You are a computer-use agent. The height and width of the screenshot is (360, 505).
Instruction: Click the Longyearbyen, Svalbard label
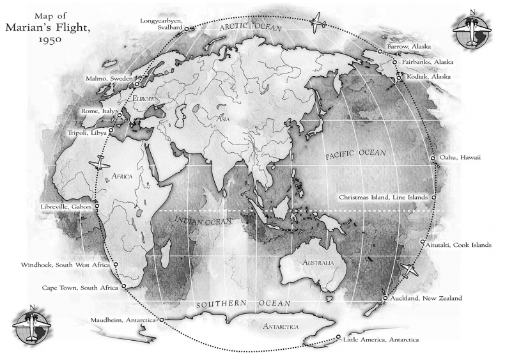[162, 24]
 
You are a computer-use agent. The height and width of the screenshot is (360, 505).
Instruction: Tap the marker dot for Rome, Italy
[119, 116]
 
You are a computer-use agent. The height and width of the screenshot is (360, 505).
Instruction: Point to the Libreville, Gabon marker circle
[97, 207]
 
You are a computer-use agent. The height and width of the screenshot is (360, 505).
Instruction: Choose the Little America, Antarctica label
[381, 340]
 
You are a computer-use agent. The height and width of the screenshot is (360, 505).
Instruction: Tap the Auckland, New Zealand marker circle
[385, 299]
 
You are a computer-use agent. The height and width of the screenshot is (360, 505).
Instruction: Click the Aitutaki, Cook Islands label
[460, 245]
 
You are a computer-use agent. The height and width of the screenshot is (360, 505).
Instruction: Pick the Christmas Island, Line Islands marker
[433, 198]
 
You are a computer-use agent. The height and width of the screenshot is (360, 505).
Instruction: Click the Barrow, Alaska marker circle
[380, 51]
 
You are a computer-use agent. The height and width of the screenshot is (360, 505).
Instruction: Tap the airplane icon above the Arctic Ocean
[318, 24]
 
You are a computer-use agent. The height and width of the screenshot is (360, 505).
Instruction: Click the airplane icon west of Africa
[101, 164]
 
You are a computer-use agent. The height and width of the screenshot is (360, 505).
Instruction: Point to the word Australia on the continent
[318, 263]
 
